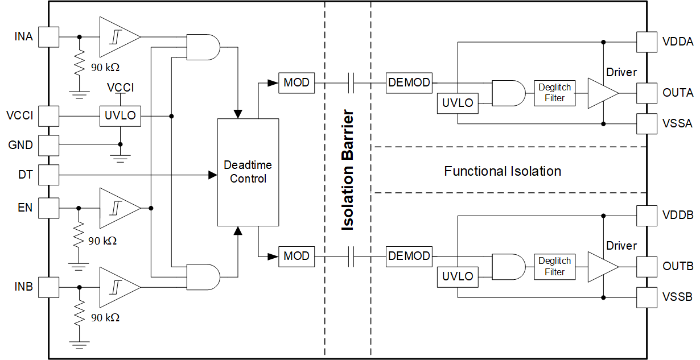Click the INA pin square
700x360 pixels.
click(x=48, y=37)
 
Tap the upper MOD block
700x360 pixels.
click(x=296, y=83)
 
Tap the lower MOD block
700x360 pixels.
click(x=296, y=256)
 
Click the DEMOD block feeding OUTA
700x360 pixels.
click(x=409, y=83)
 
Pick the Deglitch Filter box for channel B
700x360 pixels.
click(x=555, y=266)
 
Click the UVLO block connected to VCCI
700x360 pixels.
click(x=120, y=116)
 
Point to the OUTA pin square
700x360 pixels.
click(x=647, y=93)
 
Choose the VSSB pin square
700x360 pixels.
click(x=647, y=296)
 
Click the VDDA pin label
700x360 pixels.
click(x=678, y=42)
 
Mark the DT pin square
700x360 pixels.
click(x=48, y=175)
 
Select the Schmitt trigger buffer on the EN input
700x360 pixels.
click(x=118, y=208)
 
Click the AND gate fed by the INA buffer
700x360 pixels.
click(x=203, y=47)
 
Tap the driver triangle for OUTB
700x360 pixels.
click(x=602, y=266)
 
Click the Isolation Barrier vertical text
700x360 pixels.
click(x=348, y=171)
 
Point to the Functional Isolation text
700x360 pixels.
click(x=503, y=171)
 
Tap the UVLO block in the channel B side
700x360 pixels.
click(x=458, y=276)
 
